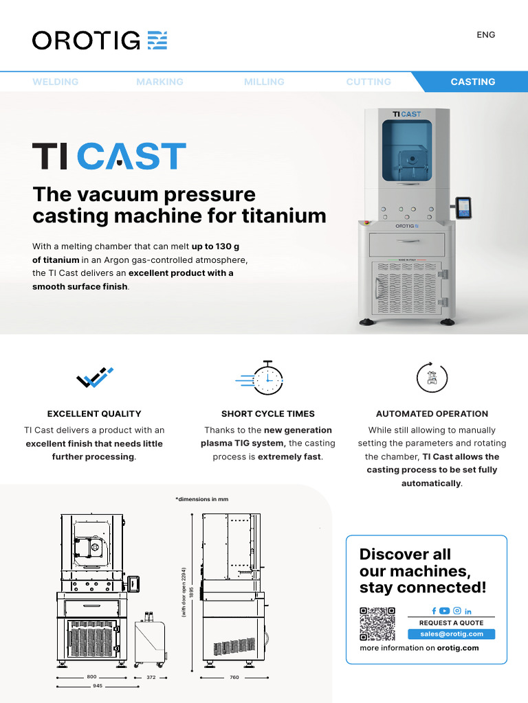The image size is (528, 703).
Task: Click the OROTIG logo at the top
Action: [100, 40]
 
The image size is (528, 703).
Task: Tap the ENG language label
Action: [485, 35]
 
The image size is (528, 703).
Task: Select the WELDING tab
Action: [56, 82]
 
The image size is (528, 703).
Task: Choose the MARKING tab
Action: [159, 82]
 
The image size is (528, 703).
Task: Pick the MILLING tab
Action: [264, 82]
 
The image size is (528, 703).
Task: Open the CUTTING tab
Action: [368, 82]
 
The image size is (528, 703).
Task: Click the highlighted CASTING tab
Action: [472, 82]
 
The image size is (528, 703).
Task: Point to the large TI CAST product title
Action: [109, 157]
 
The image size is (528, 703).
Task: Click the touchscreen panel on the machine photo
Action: [465, 207]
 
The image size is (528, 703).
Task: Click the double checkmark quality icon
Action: [94, 378]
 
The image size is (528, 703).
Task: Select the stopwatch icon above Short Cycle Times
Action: [265, 378]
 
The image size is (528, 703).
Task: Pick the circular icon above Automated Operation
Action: [432, 377]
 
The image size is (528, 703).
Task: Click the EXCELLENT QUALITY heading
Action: [94, 414]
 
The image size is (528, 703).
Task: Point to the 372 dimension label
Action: [151, 677]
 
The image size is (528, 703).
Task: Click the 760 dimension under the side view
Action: [234, 677]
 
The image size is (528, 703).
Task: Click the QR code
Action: [377, 624]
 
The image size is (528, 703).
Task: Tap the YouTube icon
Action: [445, 611]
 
